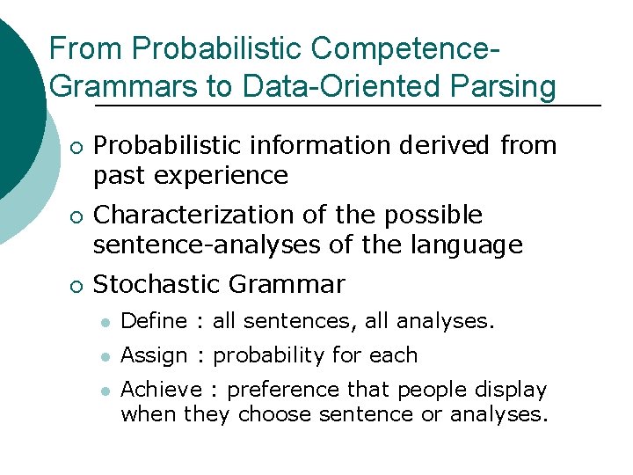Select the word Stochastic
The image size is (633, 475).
click(157, 284)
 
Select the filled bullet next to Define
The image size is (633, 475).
click(105, 323)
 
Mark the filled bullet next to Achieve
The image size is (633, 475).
click(105, 390)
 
